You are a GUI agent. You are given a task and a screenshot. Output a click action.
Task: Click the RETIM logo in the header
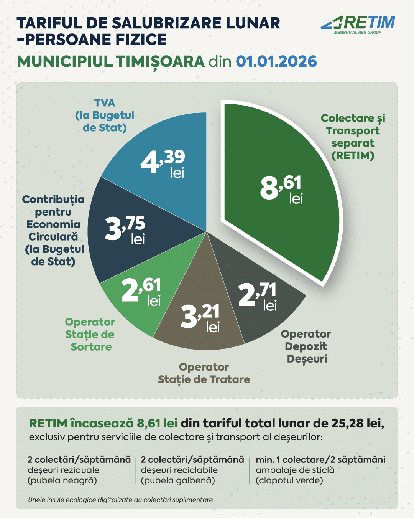pyautogui.click(x=358, y=25)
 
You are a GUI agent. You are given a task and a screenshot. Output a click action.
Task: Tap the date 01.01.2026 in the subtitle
pyautogui.click(x=276, y=61)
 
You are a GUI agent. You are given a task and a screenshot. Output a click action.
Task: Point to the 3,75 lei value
pyautogui.click(x=125, y=230)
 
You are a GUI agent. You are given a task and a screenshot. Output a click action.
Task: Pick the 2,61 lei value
pyautogui.click(x=141, y=292)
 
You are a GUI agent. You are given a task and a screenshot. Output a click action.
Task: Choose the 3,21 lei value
pyautogui.click(x=200, y=318)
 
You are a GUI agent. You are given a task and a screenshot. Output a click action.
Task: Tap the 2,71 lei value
pyautogui.click(x=258, y=297)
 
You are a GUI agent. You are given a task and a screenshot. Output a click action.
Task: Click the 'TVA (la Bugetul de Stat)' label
pyautogui.click(x=105, y=115)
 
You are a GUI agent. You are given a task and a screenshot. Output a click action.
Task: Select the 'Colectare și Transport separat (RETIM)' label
pyautogui.click(x=353, y=137)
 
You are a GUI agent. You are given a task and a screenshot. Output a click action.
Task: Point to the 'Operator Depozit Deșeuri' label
pyautogui.click(x=306, y=347)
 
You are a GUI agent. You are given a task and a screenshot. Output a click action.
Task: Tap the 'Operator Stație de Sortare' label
pyautogui.click(x=90, y=335)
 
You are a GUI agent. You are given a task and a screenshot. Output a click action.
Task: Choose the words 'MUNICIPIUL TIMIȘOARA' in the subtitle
pyautogui.click(x=111, y=62)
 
